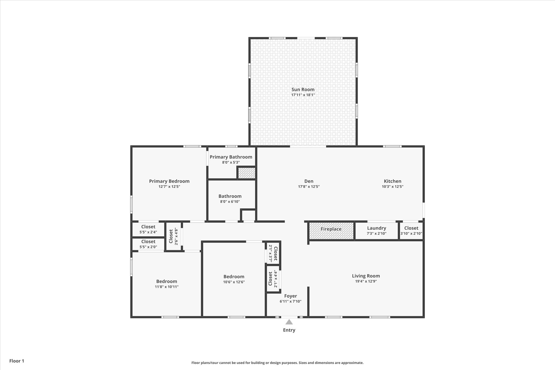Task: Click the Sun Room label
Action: pos(303,89)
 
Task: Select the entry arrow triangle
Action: pos(289,322)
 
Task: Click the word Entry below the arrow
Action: pos(289,330)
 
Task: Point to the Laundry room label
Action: pos(376,228)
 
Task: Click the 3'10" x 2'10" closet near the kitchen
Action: pos(411,231)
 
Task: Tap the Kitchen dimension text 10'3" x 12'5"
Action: pos(392,186)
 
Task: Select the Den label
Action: pos(309,181)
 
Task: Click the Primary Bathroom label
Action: pos(231,157)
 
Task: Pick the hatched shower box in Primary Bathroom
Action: pos(247,173)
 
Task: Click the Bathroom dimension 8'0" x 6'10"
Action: pos(230,202)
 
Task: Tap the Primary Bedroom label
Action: pos(169,181)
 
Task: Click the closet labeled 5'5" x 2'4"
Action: pos(148,229)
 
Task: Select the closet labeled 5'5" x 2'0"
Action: pos(148,244)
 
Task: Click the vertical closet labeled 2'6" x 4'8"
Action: pos(173,236)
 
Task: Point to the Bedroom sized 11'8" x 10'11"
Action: pos(167,284)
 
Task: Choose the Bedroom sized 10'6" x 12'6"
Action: pos(234,279)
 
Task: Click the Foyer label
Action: pos(291,296)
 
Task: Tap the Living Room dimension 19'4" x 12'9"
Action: pos(366,281)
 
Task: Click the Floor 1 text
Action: pos(17,361)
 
